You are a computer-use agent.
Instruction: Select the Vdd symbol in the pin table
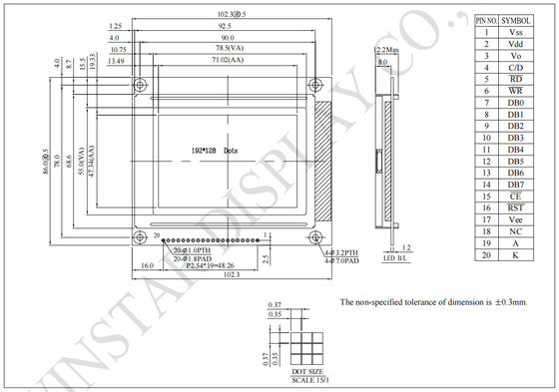pyautogui.click(x=516, y=44)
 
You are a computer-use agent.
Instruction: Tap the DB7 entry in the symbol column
pyautogui.click(x=516, y=185)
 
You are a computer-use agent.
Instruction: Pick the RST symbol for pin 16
pyautogui.click(x=516, y=207)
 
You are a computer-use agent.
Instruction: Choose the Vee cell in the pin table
pyautogui.click(x=516, y=219)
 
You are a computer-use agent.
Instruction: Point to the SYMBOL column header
pyautogui.click(x=516, y=20)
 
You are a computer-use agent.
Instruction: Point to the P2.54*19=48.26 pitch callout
pyautogui.click(x=211, y=266)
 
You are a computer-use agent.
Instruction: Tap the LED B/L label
pyautogui.click(x=396, y=259)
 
